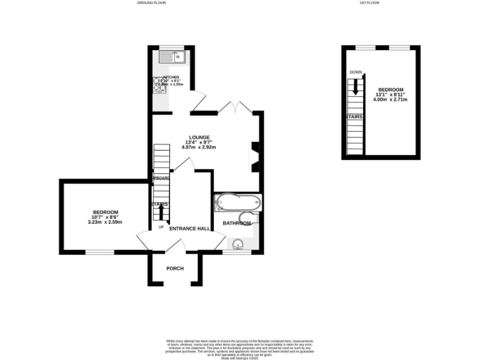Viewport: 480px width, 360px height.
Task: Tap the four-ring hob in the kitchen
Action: coord(158,86)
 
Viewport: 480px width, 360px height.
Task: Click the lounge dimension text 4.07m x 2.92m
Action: coord(199,147)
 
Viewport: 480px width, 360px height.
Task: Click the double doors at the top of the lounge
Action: coord(235,107)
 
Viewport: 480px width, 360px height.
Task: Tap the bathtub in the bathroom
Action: coord(237,203)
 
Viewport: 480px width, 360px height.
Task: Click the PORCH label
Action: coord(175,269)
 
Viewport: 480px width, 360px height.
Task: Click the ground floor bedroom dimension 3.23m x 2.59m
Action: coord(105,222)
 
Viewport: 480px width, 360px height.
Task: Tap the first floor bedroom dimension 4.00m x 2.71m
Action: coord(390,99)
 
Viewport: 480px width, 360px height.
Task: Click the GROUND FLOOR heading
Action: coord(151,3)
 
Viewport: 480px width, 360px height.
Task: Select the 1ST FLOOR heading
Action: coord(369,3)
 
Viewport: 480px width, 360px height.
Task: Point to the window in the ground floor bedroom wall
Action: coord(99,252)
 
